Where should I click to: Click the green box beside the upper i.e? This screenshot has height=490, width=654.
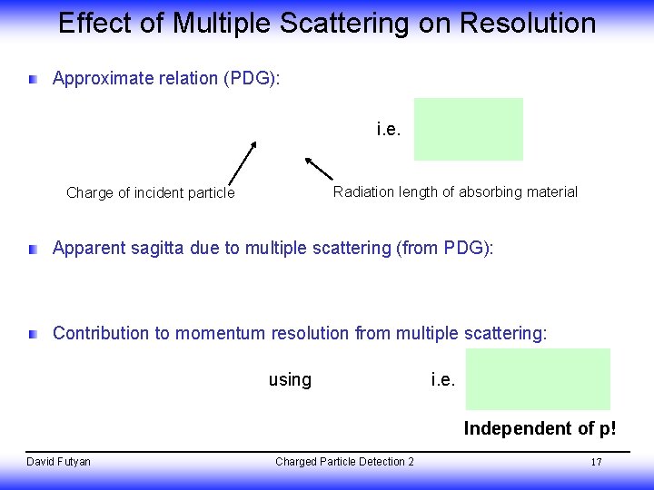tap(469, 129)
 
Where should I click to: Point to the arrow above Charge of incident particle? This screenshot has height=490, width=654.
tap(240, 162)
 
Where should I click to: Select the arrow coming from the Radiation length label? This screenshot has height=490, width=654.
tap(319, 169)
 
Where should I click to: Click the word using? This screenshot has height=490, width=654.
tap(290, 380)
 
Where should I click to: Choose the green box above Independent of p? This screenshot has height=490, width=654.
tap(540, 378)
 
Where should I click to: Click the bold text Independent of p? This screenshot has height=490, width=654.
tap(540, 428)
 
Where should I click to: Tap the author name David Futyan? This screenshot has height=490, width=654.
tap(58, 462)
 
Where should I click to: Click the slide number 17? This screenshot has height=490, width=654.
tap(597, 462)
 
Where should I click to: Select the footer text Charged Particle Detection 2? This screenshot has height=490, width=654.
tap(344, 462)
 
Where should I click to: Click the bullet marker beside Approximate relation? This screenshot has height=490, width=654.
tap(34, 80)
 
